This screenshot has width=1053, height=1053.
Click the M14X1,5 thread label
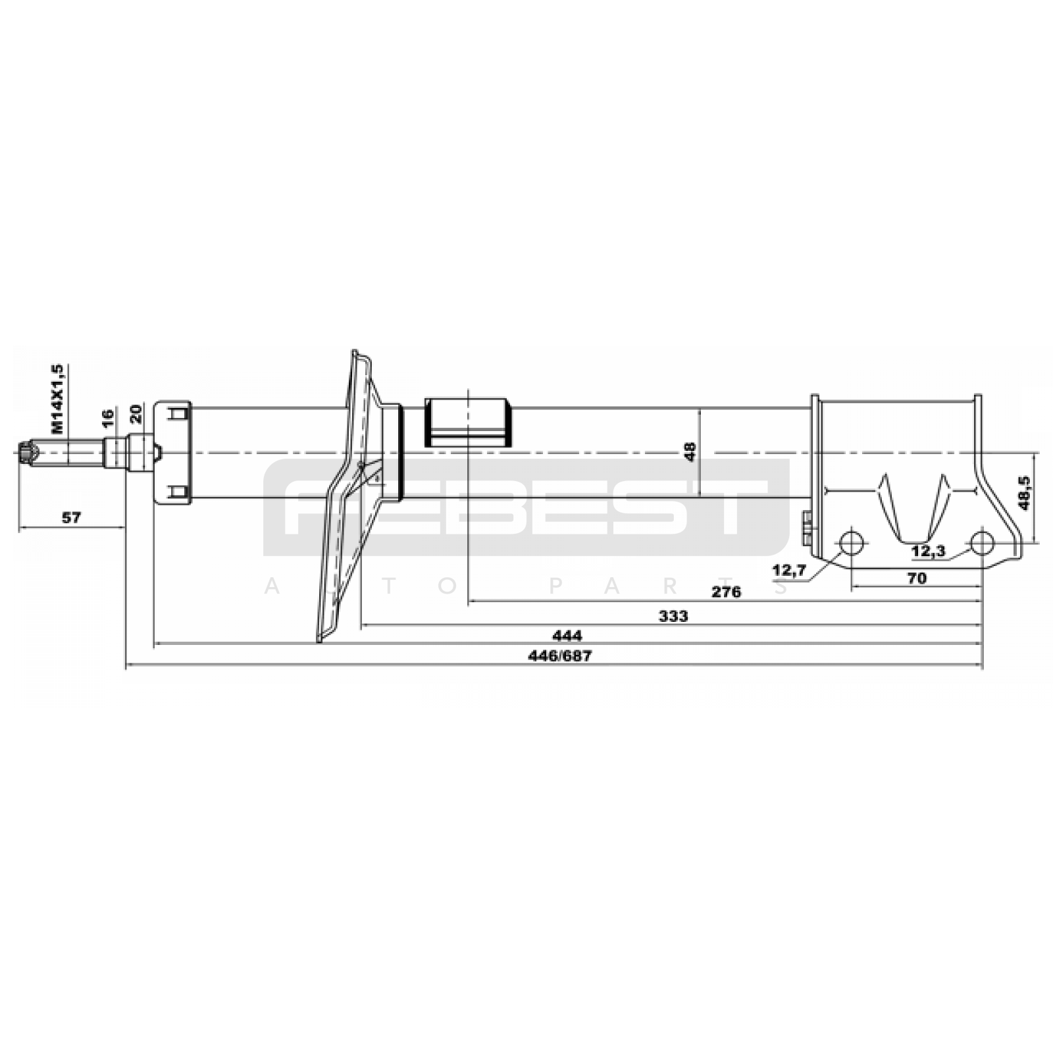(x=58, y=399)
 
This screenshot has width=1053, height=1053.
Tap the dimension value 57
(x=71, y=518)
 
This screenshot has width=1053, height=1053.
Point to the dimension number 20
(x=136, y=413)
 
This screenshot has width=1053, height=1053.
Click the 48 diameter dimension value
(x=690, y=452)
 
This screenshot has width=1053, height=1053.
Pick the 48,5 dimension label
(x=1024, y=494)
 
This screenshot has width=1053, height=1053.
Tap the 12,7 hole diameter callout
(x=789, y=571)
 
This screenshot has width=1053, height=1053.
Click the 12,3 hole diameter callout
(x=929, y=552)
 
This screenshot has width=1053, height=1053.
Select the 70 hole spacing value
(x=916, y=578)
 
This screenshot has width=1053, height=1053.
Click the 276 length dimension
(x=727, y=592)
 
